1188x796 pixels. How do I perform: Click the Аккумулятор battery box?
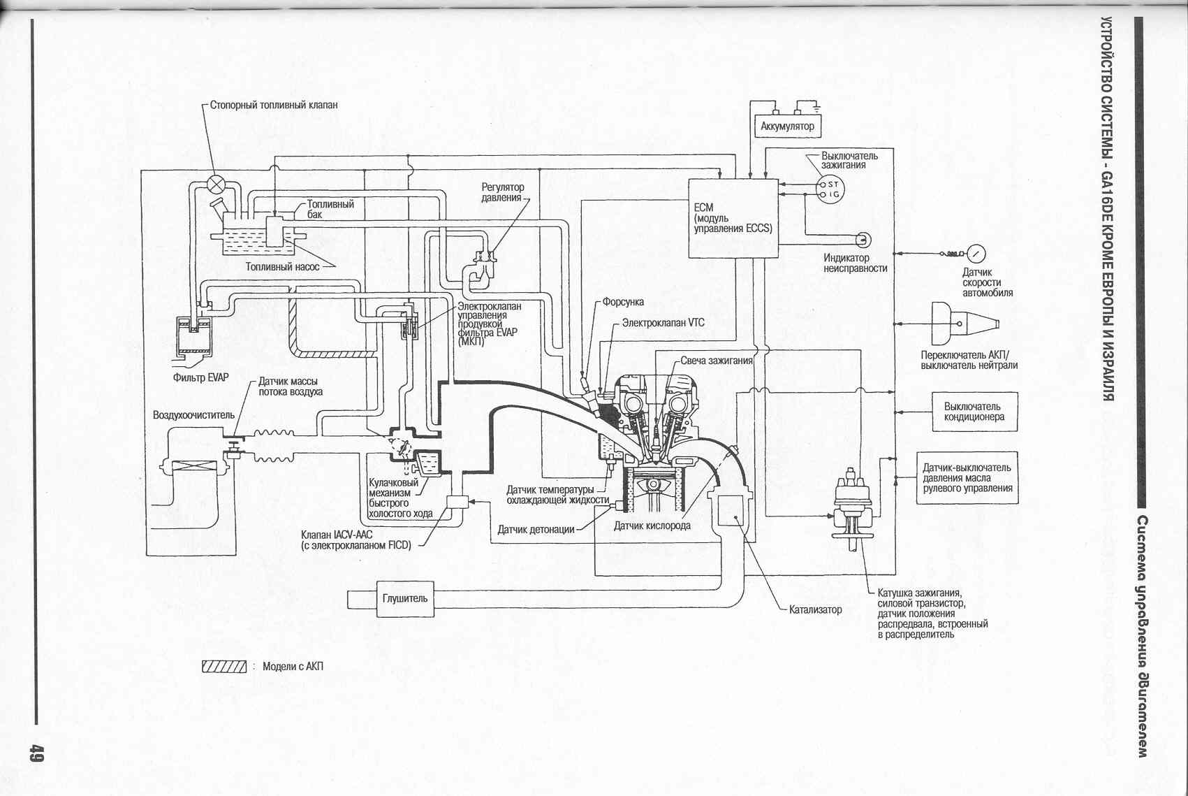click(x=787, y=126)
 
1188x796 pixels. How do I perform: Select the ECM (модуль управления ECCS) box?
click(x=733, y=218)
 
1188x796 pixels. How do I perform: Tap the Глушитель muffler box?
click(x=405, y=598)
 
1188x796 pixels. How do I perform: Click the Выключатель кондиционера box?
click(x=974, y=412)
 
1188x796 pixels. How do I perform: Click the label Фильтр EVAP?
click(x=200, y=377)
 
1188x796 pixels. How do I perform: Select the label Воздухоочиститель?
click(x=193, y=414)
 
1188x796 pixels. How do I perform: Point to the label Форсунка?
click(x=623, y=302)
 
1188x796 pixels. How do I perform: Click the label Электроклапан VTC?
click(x=663, y=323)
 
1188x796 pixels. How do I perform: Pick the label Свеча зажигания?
click(x=717, y=361)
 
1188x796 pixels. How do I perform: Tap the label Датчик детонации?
click(x=536, y=529)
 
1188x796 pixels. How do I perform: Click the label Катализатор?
click(x=815, y=609)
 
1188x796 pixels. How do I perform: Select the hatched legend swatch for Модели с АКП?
click(x=224, y=666)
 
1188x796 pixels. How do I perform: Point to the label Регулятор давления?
click(x=502, y=192)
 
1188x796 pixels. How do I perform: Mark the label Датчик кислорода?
click(x=652, y=526)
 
